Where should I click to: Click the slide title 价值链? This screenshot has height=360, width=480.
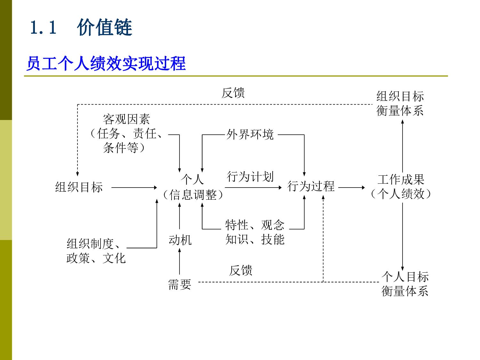point(104,27)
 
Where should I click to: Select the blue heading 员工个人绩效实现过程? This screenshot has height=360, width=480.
point(106,63)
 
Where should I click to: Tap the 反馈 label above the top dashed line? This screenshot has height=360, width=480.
point(233,93)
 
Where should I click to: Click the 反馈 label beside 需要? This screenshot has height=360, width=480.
point(241,271)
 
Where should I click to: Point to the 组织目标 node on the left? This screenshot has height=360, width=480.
point(79,187)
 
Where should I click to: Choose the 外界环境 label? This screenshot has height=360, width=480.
point(250,134)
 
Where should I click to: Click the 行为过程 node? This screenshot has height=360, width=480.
point(311,186)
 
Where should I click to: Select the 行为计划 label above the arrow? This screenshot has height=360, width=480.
point(250,177)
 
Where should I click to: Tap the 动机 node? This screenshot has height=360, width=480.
point(180,240)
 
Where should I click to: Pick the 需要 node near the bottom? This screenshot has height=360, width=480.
point(180,284)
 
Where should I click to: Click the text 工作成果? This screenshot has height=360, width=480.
point(401,180)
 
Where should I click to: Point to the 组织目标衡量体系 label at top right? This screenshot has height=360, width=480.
point(400,103)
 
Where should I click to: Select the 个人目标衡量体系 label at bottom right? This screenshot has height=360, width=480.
point(405,284)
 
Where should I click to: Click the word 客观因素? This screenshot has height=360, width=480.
point(126,119)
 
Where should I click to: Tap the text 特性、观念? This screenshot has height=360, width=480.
point(254,225)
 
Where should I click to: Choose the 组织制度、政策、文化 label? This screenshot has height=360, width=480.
point(96,251)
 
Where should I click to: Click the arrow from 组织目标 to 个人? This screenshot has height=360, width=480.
point(134,188)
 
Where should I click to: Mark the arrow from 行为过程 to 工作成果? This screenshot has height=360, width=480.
point(351,188)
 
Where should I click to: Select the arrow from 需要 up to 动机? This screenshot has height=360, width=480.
point(180,261)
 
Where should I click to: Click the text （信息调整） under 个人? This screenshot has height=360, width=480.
point(193,195)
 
